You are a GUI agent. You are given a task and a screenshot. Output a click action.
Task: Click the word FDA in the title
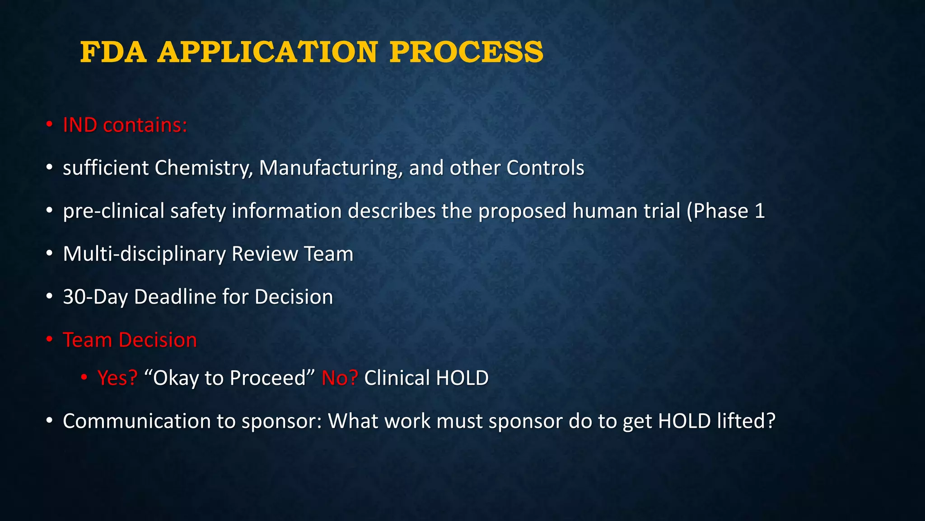[x=113, y=52]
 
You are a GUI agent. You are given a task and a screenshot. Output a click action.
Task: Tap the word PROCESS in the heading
[x=467, y=52]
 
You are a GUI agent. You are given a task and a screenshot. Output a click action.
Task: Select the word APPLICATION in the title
[x=267, y=52]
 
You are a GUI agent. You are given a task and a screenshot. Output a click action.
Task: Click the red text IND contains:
[x=125, y=125]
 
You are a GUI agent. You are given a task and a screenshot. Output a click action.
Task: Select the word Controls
[x=545, y=168]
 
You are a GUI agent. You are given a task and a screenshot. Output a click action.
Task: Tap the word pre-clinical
[x=113, y=211]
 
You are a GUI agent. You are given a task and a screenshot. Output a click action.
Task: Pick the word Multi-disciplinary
[x=144, y=254]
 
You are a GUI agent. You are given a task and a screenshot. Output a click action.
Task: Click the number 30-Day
[x=95, y=297]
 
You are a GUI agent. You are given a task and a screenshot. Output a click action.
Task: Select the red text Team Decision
[x=130, y=340]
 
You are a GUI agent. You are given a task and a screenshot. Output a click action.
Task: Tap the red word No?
[x=340, y=378]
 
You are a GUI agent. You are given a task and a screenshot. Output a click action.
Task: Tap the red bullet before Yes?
[x=84, y=377]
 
